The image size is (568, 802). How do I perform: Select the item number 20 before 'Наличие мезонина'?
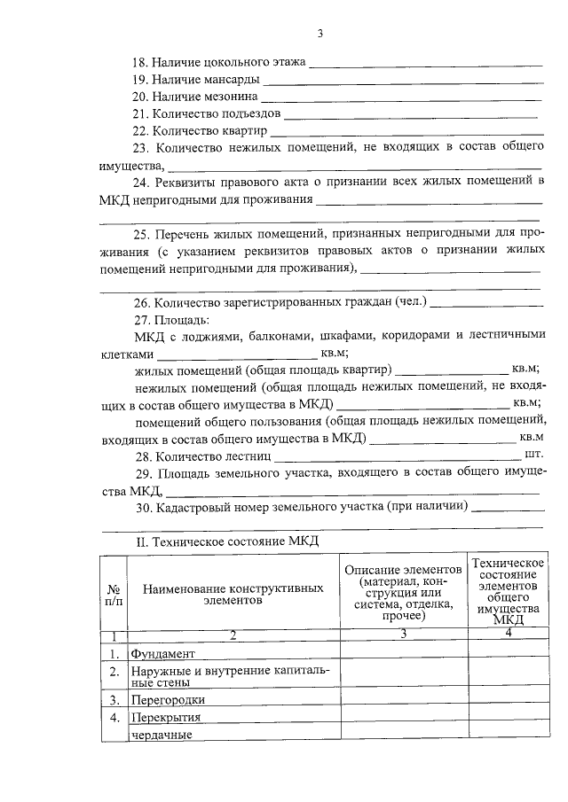tap(139, 97)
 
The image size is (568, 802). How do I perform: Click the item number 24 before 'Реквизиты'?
tap(139, 182)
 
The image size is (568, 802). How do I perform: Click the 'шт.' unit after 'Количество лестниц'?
tap(532, 455)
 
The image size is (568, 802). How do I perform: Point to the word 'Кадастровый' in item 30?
tap(191, 508)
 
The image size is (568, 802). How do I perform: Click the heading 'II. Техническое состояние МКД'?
tap(225, 541)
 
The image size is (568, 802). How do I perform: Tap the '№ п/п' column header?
tap(114, 593)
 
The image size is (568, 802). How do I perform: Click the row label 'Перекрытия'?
tap(166, 717)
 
